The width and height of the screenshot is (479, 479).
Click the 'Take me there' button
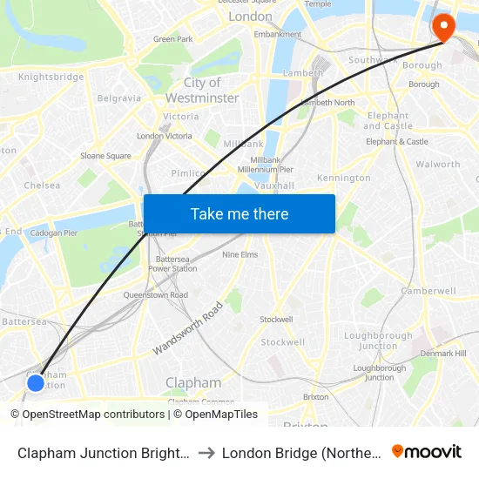coord(239,214)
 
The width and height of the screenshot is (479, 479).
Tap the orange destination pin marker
coord(443,27)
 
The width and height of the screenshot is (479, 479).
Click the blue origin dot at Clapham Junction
coord(35,382)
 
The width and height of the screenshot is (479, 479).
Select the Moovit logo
coord(427,452)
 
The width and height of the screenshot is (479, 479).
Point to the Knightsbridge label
coord(51,77)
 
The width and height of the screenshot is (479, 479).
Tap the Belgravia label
coord(119,98)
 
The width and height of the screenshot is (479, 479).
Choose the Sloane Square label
coord(106,156)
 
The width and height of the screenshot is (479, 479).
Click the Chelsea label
coord(42,186)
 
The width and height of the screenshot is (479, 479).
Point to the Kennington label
coord(344,178)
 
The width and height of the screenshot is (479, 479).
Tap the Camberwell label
coord(428,290)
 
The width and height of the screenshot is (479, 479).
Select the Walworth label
coord(438,164)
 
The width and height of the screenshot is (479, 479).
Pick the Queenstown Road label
coord(155,295)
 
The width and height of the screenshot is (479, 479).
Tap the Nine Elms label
coord(239,254)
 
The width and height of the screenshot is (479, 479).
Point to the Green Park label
coord(172,39)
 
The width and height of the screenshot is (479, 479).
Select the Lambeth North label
coord(327,103)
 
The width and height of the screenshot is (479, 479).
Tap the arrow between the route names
coord(206,453)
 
